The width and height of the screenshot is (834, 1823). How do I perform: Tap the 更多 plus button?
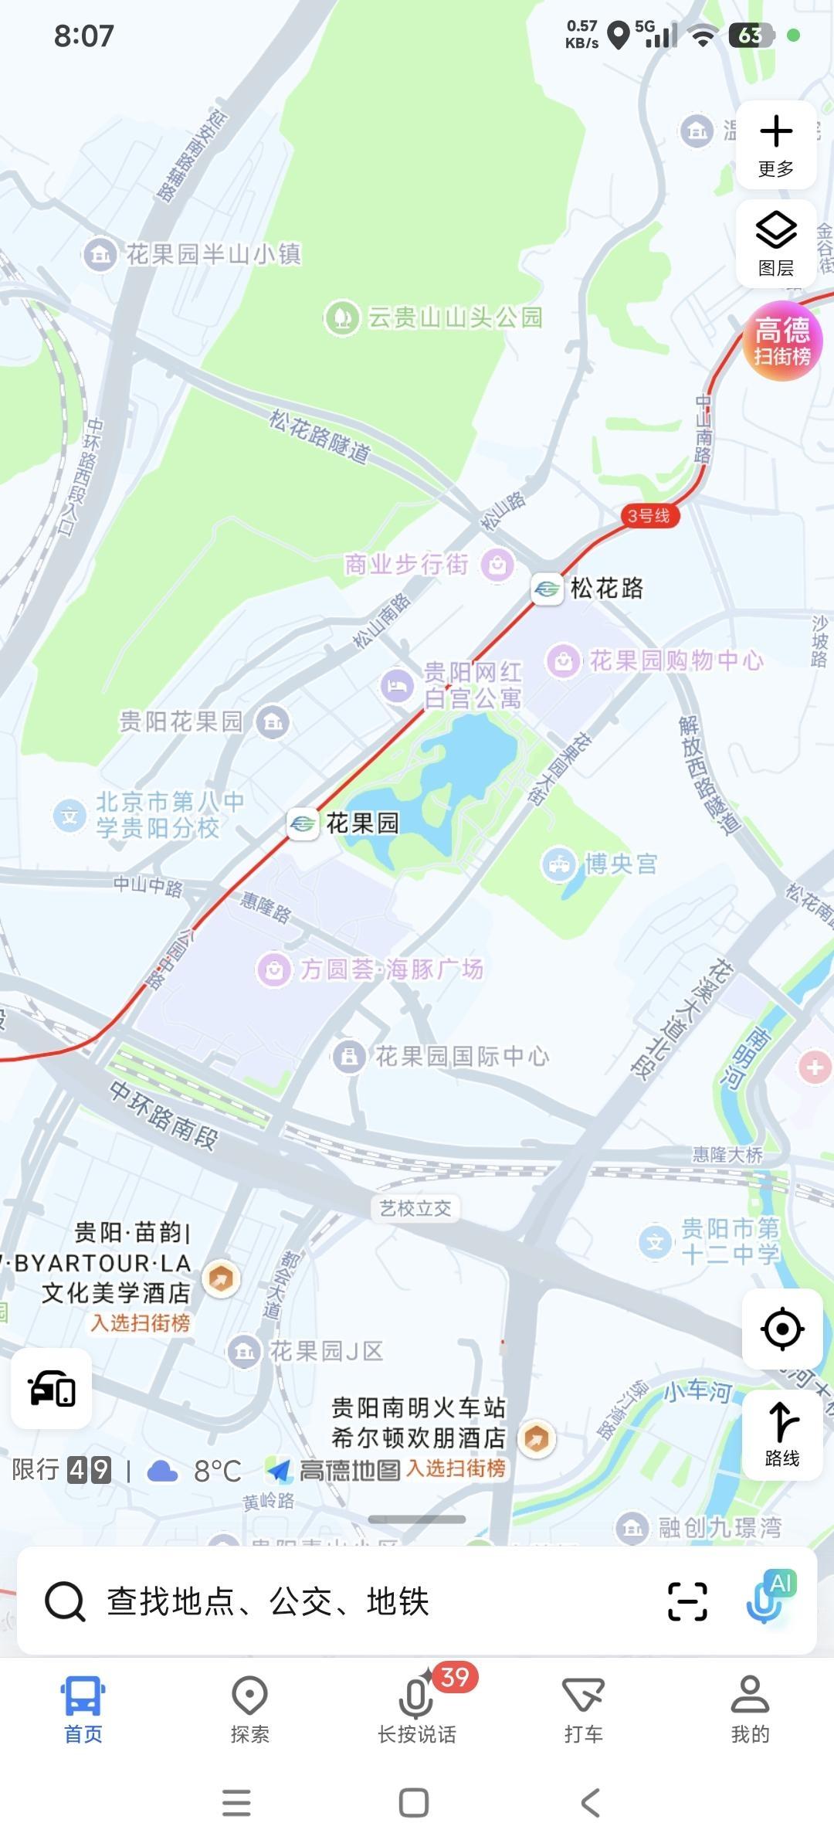click(776, 144)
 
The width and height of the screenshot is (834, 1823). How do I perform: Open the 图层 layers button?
click(776, 243)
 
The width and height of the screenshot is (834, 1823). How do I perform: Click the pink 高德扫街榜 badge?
click(782, 341)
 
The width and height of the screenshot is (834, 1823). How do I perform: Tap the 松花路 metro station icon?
click(547, 589)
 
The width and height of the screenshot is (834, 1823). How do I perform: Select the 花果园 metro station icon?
click(303, 823)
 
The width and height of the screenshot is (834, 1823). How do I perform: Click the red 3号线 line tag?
click(649, 516)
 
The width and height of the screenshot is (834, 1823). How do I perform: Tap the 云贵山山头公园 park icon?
click(341, 317)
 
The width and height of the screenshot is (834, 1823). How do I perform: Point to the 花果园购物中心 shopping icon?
click(564, 661)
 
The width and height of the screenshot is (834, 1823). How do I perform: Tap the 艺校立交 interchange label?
click(415, 1208)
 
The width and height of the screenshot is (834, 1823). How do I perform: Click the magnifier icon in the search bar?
click(65, 1601)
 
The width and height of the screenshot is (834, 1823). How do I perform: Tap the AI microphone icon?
click(768, 1597)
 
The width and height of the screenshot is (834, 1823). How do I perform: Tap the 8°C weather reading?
click(217, 1471)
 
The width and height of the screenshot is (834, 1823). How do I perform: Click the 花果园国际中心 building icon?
click(349, 1056)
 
